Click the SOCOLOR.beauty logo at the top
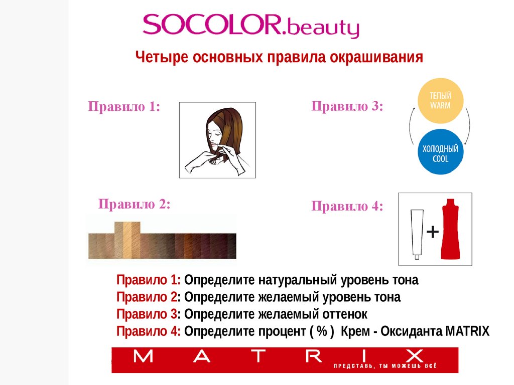tap(251, 26)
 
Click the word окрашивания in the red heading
tap(376, 57)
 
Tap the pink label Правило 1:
tap(124, 106)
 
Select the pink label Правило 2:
tap(135, 204)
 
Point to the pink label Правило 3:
tap(347, 106)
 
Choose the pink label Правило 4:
tap(347, 206)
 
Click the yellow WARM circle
tap(440, 100)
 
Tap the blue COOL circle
tap(440, 151)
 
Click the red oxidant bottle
tap(451, 229)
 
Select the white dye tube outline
tap(417, 234)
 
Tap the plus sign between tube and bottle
tap(433, 232)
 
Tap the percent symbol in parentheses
tap(322, 331)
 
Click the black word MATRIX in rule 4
tap(467, 331)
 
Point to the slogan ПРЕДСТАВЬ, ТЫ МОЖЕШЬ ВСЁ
tap(385, 366)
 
